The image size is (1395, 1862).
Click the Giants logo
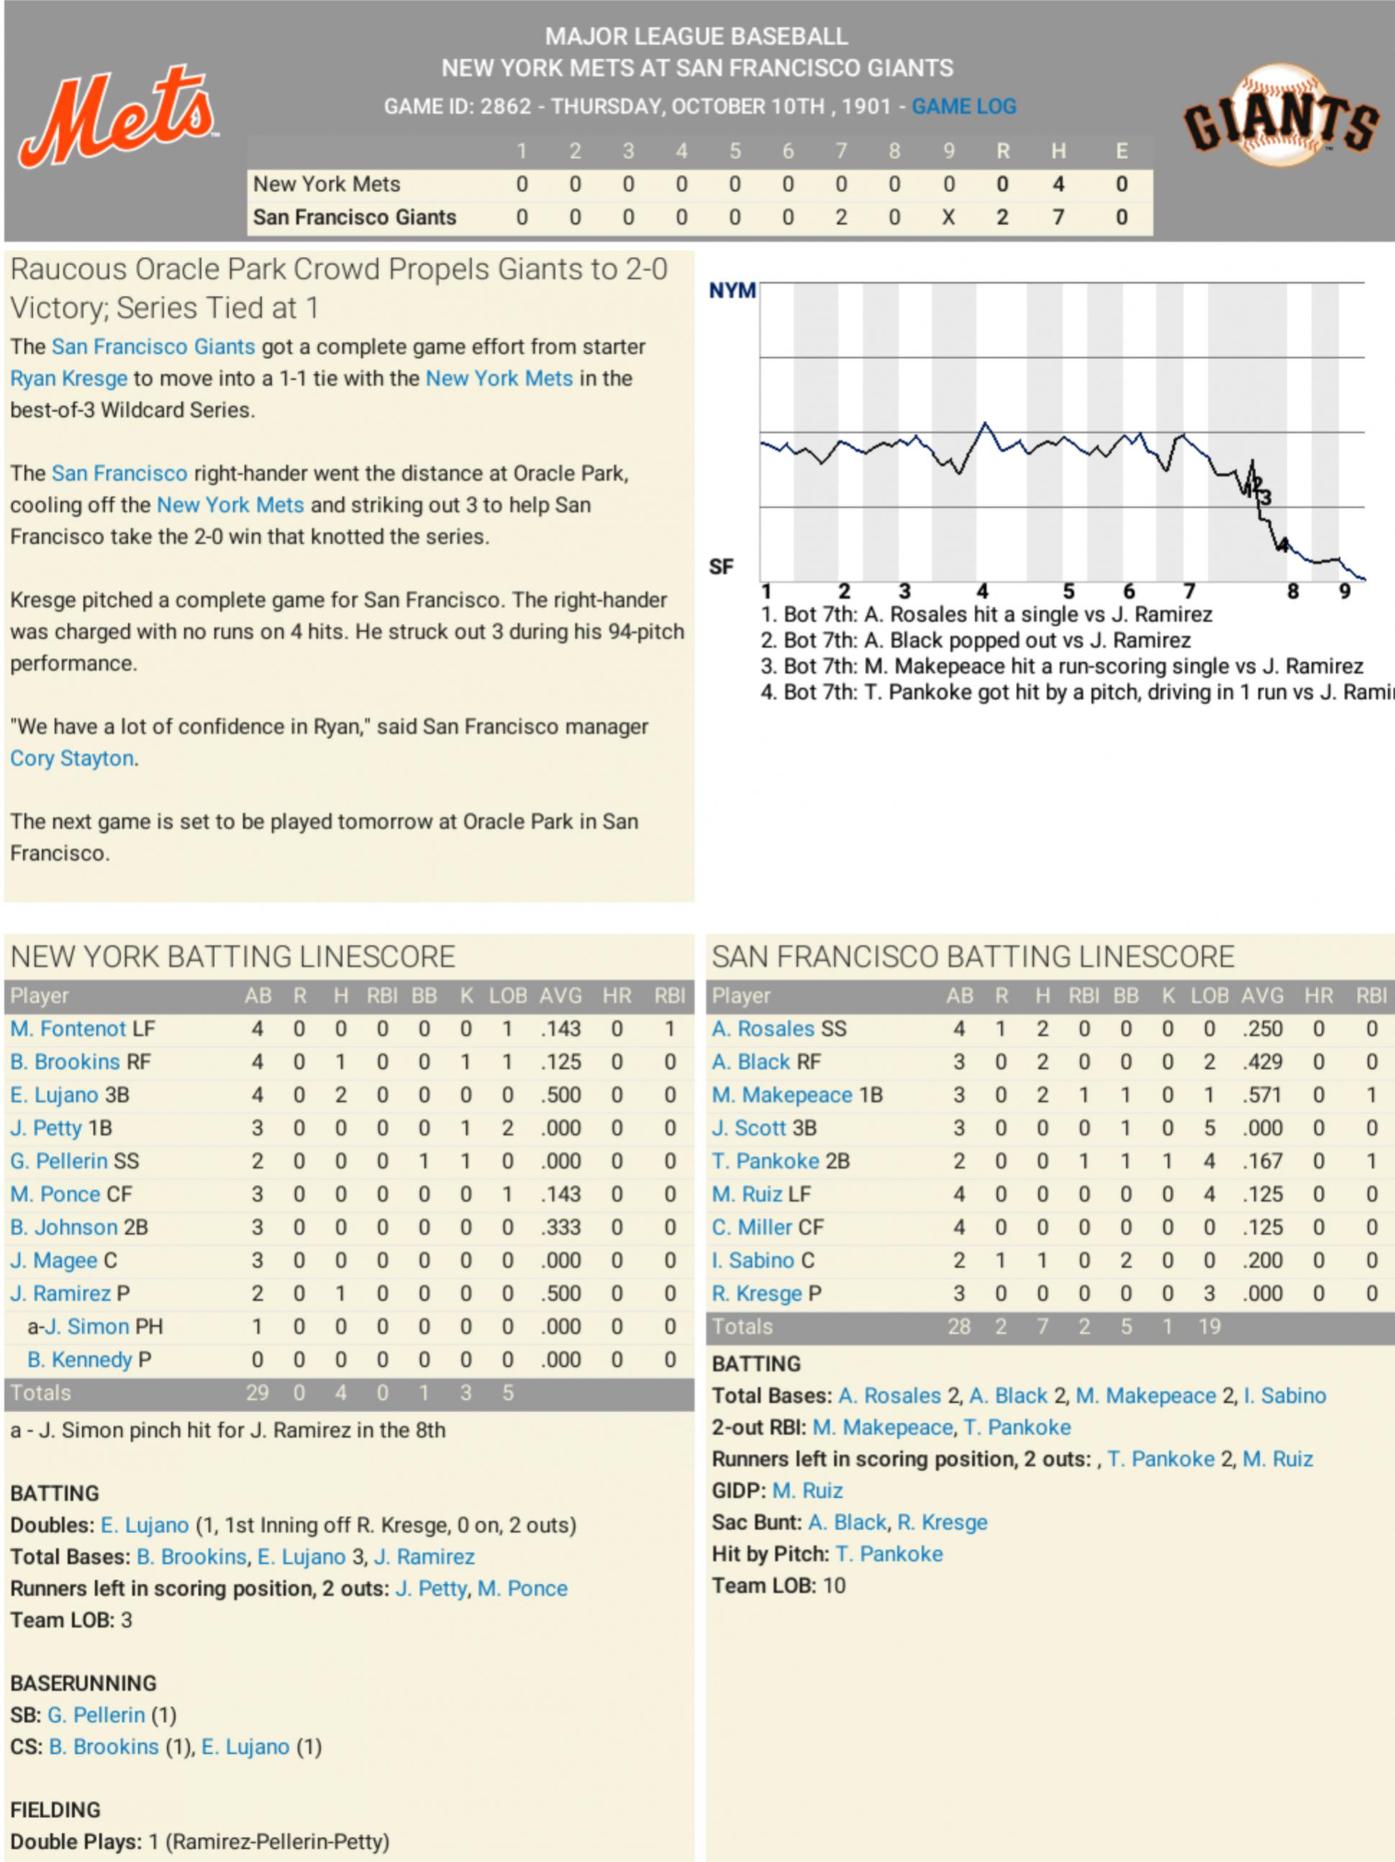[1281, 116]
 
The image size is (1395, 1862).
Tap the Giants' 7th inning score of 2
[840, 217]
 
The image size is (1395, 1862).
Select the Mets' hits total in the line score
[1058, 184]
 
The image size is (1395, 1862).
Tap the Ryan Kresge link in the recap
[69, 379]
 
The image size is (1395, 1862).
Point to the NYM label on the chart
[731, 291]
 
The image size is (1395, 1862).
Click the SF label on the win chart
[721, 567]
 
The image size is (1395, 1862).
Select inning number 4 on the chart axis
[982, 592]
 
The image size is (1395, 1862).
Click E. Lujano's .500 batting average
[560, 1095]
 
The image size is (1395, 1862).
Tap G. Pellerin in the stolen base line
[96, 1714]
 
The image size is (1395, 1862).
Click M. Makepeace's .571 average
[1262, 1095]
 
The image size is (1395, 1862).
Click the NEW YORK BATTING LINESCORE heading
[233, 957]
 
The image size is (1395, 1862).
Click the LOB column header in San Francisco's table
[1209, 996]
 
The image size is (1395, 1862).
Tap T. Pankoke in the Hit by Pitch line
[889, 1554]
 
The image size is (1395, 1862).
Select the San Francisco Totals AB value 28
[958, 1327]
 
